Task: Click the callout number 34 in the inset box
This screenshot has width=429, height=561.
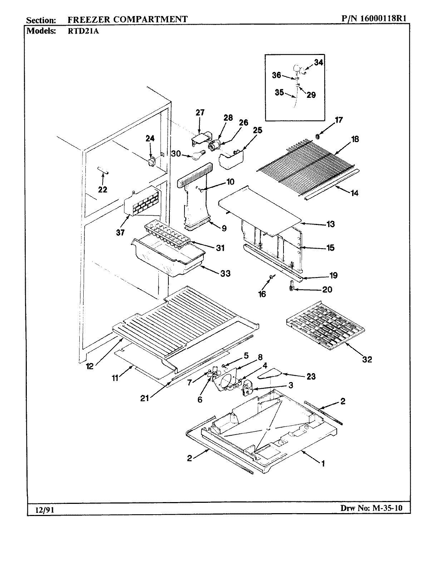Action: pyautogui.click(x=319, y=62)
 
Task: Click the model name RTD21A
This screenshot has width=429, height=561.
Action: pyautogui.click(x=83, y=31)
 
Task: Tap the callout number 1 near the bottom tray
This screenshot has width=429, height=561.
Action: pyautogui.click(x=323, y=464)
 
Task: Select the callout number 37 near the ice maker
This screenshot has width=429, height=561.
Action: pyautogui.click(x=120, y=232)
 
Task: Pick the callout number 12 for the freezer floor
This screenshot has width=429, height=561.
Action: pyautogui.click(x=90, y=366)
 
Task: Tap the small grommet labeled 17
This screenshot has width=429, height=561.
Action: pyautogui.click(x=317, y=136)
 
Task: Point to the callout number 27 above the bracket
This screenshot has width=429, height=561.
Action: pyautogui.click(x=200, y=113)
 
